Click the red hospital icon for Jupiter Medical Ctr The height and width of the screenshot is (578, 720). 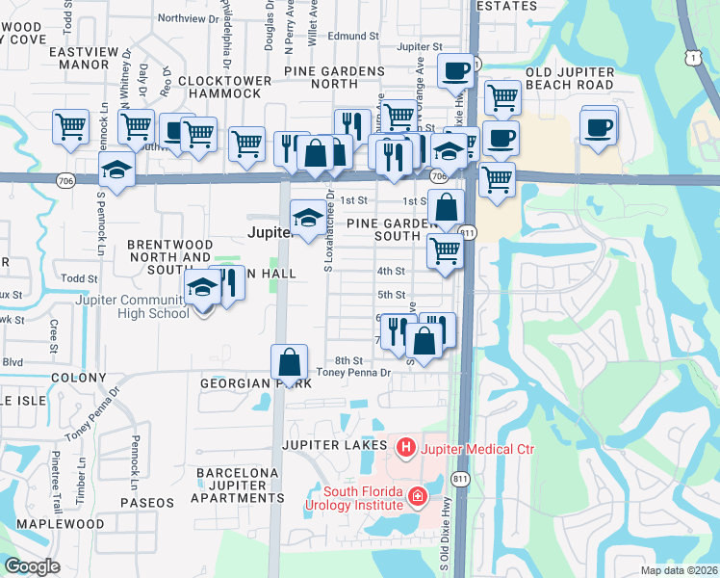click(x=406, y=448)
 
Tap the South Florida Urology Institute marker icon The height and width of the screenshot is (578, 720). click(x=418, y=497)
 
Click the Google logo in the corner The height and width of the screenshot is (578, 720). click(x=32, y=566)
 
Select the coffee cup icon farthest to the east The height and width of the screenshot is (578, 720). click(x=598, y=126)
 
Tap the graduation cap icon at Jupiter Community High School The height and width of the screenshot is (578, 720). click(x=203, y=287)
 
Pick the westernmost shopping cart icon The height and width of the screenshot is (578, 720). click(x=71, y=126)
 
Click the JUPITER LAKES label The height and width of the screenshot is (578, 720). click(x=333, y=445)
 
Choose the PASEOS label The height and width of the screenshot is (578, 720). click(x=147, y=503)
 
